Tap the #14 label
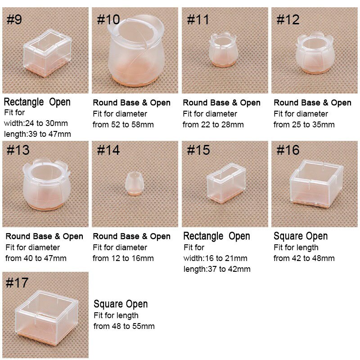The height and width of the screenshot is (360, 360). pyautogui.click(x=108, y=150)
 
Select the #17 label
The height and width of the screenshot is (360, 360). pyautogui.click(x=18, y=283)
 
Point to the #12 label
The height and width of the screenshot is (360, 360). pyautogui.click(x=288, y=20)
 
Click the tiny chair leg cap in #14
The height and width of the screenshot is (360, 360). pyautogui.click(x=133, y=183)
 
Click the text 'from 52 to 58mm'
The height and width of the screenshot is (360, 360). pyautogui.click(x=123, y=125)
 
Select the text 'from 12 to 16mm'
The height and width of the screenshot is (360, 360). pyautogui.click(x=123, y=258)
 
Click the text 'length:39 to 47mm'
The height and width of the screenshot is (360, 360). pyautogui.click(x=37, y=134)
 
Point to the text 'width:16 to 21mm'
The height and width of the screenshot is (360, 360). pyautogui.click(x=215, y=258)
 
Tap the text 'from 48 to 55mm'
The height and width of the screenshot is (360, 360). pyautogui.click(x=124, y=326)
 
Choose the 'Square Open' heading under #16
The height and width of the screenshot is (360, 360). pyautogui.click(x=301, y=236)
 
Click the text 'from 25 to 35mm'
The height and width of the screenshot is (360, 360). pyautogui.click(x=304, y=125)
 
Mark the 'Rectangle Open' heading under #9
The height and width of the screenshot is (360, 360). pyautogui.click(x=37, y=102)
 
